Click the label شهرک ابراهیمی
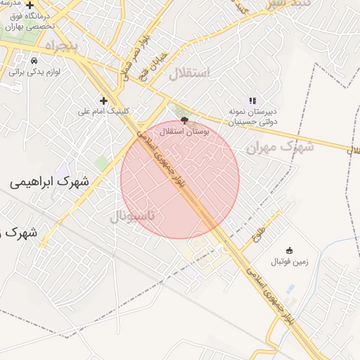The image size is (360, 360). [x=50, y=181]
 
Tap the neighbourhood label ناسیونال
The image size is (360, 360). [x=136, y=215]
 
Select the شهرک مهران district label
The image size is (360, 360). [x=279, y=147]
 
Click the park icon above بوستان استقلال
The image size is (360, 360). [x=184, y=120]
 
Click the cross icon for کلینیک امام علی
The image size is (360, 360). [x=104, y=101]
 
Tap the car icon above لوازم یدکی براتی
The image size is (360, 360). [x=34, y=60]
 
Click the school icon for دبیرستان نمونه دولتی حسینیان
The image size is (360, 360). [x=252, y=101]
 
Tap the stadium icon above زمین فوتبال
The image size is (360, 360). [x=288, y=250]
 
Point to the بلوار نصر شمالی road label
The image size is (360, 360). [x=134, y=53]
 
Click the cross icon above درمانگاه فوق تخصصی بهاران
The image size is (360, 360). [x=30, y=6]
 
